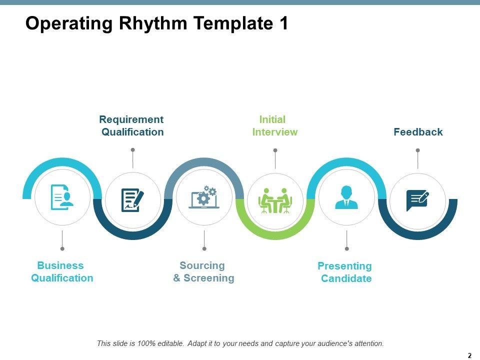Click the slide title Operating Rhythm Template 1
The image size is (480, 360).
coord(156,23)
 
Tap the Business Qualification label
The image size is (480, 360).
coord(62,271)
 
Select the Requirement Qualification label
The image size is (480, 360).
coord(132,125)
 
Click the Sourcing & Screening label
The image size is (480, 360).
coord(203,271)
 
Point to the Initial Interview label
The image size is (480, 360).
coord(274,125)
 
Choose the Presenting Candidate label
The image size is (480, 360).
coord(345,272)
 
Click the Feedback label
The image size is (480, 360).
coord(418,132)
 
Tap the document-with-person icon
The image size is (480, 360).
coord(62,197)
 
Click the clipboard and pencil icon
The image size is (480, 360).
coord(132,200)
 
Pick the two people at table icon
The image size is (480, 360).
coord(275,200)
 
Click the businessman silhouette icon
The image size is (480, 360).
coord(346,197)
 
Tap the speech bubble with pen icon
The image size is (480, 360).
coord(417,200)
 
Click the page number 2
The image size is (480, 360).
coord(469,355)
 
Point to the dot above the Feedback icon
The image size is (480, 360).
coord(418,150)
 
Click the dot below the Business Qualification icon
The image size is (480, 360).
coord(62,248)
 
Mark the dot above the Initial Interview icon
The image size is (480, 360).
coord(275,150)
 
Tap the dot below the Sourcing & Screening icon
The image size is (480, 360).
coord(204,248)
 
